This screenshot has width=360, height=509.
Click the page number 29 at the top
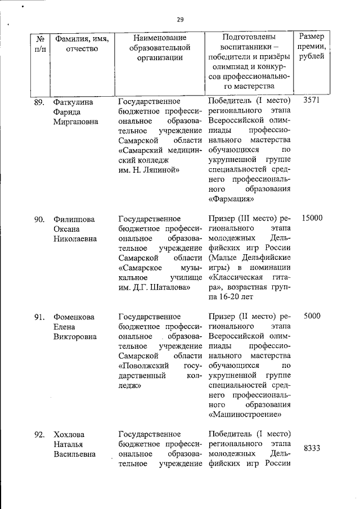[x=180, y=19]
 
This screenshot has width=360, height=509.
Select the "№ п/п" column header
[x=40, y=43]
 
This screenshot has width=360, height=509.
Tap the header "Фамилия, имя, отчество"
[x=82, y=43]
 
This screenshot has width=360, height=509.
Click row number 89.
[x=39, y=102]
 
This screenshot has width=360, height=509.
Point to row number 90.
[x=39, y=219]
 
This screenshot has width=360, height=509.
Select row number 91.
[x=39, y=317]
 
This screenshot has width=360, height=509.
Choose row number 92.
[x=39, y=434]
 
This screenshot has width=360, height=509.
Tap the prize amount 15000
[x=312, y=218]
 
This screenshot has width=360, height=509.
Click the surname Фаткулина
[x=73, y=102]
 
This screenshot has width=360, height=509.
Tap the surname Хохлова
[x=68, y=434]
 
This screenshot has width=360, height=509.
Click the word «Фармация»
[x=231, y=199]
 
